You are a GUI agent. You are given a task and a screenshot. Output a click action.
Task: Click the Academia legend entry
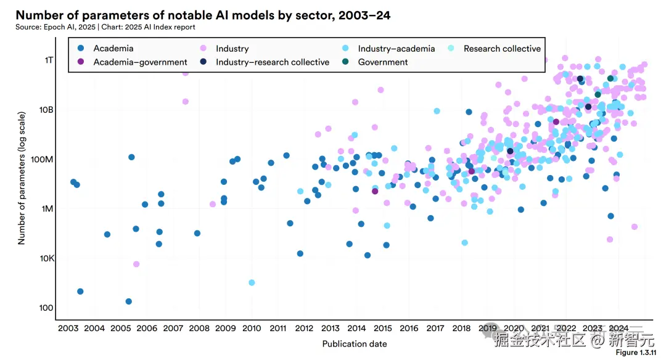[113, 48]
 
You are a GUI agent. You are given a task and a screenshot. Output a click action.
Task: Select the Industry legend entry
[232, 48]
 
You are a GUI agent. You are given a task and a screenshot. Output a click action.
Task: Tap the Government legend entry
[382, 62]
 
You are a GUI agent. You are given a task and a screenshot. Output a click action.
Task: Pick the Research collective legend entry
[502, 48]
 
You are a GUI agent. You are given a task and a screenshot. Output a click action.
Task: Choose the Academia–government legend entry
[140, 62]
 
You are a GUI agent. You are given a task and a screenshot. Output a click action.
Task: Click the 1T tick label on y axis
[47, 60]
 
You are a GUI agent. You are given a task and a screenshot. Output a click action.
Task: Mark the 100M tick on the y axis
[43, 159]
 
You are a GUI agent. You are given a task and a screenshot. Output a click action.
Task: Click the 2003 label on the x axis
[68, 328]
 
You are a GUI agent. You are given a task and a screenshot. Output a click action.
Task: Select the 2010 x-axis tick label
[252, 328]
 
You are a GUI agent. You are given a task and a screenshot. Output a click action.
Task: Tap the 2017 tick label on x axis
[435, 328]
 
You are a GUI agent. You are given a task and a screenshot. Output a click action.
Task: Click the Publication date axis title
[355, 343]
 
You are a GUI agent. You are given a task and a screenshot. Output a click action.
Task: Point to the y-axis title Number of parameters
[22, 178]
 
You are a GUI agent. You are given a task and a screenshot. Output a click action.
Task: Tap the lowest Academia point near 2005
[128, 301]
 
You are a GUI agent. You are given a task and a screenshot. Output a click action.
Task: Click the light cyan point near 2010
[252, 282]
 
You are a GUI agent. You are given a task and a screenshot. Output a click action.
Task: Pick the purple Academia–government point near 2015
[375, 191]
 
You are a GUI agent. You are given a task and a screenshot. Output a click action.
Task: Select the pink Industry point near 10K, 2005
[136, 264]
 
